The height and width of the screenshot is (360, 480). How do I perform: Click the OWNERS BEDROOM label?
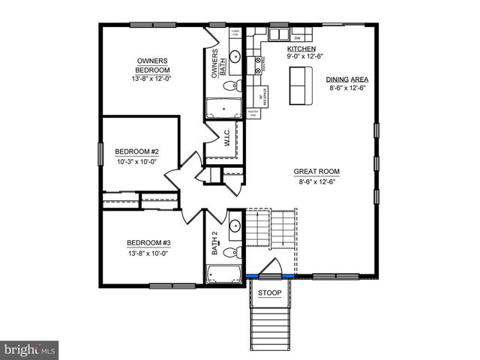click(x=152, y=65)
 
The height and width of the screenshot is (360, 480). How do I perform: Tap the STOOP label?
click(x=270, y=292)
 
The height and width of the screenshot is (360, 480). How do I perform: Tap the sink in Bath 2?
click(x=234, y=225)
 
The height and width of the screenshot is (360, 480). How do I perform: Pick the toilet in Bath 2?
click(x=234, y=250)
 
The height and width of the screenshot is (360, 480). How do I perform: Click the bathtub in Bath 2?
click(x=223, y=274)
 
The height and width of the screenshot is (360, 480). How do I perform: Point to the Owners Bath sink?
click(x=234, y=55)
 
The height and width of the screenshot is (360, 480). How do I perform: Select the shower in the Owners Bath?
click(x=223, y=107)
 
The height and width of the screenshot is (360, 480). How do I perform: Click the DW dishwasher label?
click(x=298, y=37)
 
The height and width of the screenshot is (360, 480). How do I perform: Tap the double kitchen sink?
click(x=278, y=34)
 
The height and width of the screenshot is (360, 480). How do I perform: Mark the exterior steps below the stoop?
click(x=270, y=326)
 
